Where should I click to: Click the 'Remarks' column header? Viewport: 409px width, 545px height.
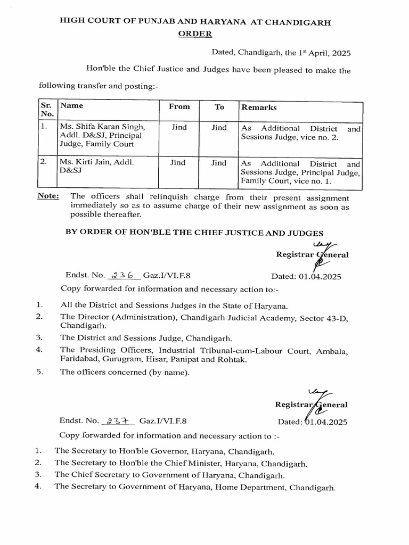[x=259, y=107]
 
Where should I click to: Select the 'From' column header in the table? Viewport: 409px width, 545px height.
[x=179, y=106]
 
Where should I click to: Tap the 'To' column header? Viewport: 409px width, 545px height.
[x=219, y=106]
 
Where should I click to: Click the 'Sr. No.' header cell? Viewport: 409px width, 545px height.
[x=46, y=110]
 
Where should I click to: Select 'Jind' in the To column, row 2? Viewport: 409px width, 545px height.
[x=219, y=163]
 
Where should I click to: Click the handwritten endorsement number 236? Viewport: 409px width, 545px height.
[x=124, y=276]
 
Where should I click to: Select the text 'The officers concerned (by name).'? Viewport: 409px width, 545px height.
[x=125, y=371]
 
